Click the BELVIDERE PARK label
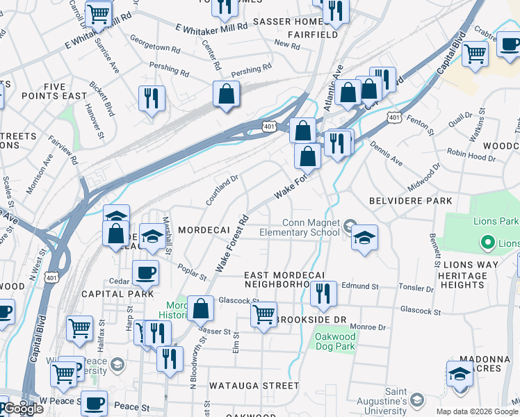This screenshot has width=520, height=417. pos(414,201)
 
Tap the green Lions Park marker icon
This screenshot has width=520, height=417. pos(488,243)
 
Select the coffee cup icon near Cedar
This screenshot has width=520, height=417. pos(145,272)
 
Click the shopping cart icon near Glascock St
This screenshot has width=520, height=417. pos(263,315)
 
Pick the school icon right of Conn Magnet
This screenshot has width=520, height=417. pos(364,238)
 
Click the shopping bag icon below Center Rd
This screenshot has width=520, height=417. pos(227,95)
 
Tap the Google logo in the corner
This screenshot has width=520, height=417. pos(24,409)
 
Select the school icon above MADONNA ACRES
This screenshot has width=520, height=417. pos(460,374)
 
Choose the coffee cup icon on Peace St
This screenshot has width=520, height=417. pos(94,402)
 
